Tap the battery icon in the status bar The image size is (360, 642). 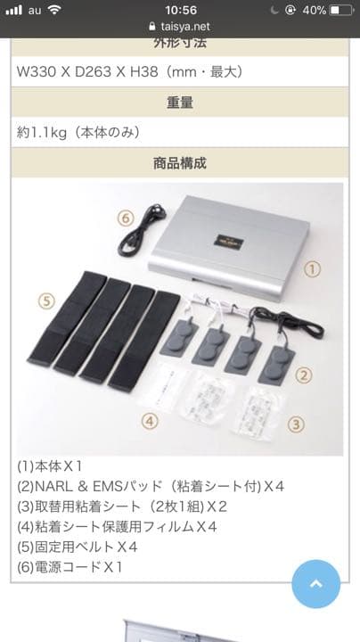pos(342,9)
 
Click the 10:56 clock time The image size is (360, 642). pos(180,9)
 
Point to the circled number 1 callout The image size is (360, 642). pos(312,267)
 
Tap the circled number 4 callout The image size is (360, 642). pos(150,419)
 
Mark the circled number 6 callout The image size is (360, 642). pos(126,218)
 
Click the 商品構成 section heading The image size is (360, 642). pos(180,163)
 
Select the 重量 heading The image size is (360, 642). pos(180,103)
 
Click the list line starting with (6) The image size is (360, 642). pos(70,566)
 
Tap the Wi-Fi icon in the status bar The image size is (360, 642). pos(55,9)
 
